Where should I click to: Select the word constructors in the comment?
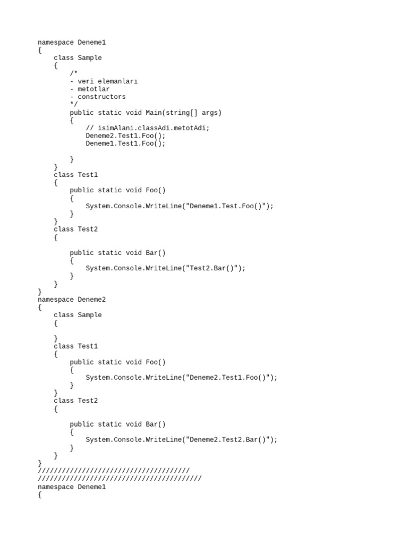[102, 97]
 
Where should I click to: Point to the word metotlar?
[94, 89]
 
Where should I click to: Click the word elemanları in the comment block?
[118, 81]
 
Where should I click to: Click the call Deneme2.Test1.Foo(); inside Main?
[126, 136]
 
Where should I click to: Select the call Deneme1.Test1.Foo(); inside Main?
[126, 143]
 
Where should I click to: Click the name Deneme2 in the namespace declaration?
[92, 300]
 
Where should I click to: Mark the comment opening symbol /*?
[74, 73]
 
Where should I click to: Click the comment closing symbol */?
[74, 105]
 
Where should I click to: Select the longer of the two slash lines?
[120, 479]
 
